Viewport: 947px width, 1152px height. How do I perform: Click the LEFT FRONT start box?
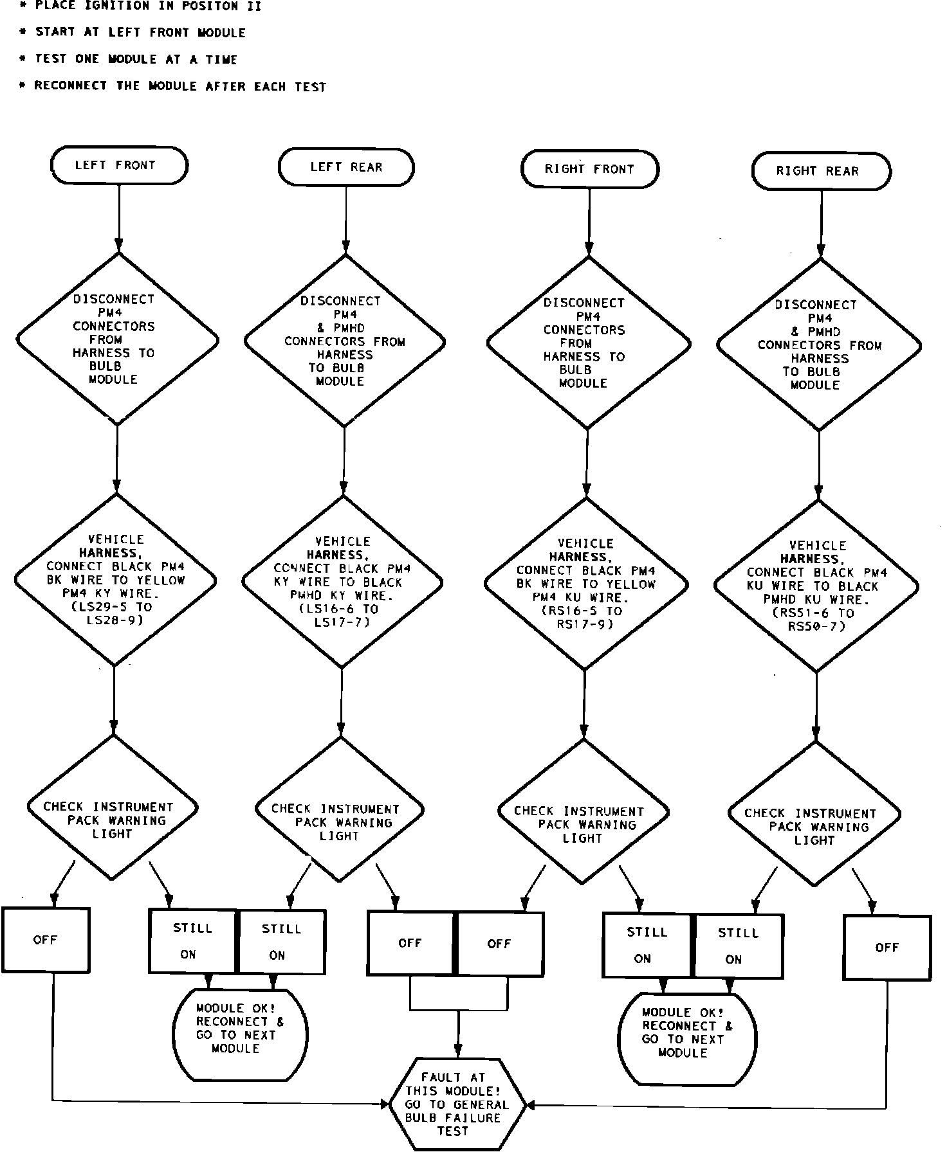(x=119, y=165)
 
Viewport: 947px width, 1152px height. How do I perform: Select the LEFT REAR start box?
(x=346, y=167)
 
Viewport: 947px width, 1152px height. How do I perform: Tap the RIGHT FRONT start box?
(x=589, y=169)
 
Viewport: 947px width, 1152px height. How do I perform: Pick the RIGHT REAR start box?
(x=821, y=171)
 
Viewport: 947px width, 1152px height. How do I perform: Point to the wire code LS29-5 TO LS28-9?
(x=115, y=614)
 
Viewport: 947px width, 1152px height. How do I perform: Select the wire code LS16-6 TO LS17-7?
(x=342, y=615)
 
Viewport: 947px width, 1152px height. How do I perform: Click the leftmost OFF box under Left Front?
(x=45, y=940)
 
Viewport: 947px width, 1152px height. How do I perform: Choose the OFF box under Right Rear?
(x=887, y=948)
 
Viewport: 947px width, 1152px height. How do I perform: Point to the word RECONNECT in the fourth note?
(x=71, y=86)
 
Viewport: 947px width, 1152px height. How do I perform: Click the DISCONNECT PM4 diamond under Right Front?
(x=587, y=343)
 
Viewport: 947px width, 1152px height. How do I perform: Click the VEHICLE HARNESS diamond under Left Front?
(x=116, y=579)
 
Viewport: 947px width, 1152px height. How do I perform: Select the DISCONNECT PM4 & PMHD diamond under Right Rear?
(x=818, y=345)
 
